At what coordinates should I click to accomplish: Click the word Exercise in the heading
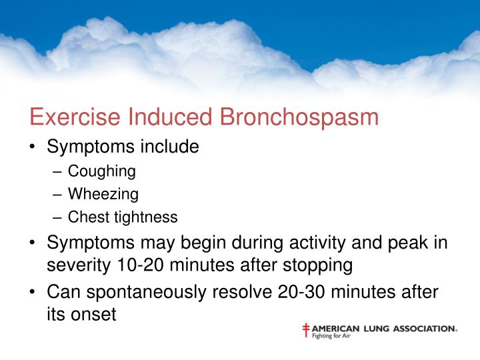69,117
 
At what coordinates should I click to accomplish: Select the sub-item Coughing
102,171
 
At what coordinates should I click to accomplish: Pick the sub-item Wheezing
103,194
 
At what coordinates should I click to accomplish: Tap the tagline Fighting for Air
331,336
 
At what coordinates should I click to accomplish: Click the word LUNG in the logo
373,328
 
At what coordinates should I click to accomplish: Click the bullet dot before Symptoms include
33,147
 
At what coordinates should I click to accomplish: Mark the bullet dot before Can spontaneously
33,292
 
